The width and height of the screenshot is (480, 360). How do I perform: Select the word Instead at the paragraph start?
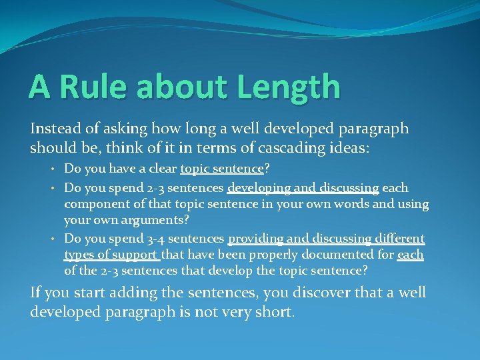coord(55,129)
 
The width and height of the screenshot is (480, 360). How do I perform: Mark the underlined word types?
coord(79,254)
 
